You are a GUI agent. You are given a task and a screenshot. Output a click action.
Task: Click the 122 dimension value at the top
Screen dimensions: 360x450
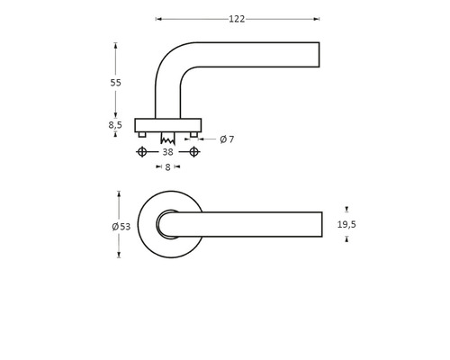pyautogui.click(x=237, y=19)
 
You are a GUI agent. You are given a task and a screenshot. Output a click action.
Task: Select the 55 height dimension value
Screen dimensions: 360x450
pyautogui.click(x=115, y=83)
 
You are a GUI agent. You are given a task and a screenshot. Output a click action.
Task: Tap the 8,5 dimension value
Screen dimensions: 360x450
pyautogui.click(x=115, y=125)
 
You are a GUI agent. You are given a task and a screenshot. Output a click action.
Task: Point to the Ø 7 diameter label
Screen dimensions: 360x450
pyautogui.click(x=226, y=139)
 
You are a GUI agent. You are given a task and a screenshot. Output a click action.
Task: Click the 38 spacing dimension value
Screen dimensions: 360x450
pyautogui.click(x=167, y=152)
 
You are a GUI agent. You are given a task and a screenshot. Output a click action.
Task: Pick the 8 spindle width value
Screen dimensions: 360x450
pyautogui.click(x=167, y=167)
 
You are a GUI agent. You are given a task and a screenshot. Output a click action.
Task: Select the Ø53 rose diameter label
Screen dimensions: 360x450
pyautogui.click(x=121, y=226)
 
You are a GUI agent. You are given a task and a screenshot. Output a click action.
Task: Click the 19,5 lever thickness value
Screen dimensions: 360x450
pyautogui.click(x=346, y=224)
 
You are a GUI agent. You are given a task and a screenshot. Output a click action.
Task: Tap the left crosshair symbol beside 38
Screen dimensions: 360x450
pyautogui.click(x=141, y=152)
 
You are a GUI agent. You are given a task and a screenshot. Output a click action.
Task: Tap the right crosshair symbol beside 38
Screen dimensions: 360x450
pyautogui.click(x=194, y=152)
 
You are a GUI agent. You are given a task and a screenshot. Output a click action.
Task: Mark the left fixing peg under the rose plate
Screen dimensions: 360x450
pyautogui.click(x=142, y=134)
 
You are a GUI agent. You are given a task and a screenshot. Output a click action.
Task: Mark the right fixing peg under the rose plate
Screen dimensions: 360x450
pyautogui.click(x=193, y=134)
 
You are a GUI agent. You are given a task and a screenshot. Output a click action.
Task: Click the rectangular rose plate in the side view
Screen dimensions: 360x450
pyautogui.click(x=167, y=124)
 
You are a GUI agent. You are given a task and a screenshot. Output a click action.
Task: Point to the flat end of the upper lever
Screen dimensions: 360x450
pyautogui.click(x=319, y=55)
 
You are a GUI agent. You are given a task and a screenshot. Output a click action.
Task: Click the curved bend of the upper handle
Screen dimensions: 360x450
pyautogui.click(x=171, y=59)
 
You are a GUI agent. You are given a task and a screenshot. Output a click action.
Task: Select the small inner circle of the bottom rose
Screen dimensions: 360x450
pyautogui.click(x=168, y=224)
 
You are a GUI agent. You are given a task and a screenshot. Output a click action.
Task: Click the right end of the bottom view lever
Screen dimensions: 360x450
pyautogui.click(x=319, y=224)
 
